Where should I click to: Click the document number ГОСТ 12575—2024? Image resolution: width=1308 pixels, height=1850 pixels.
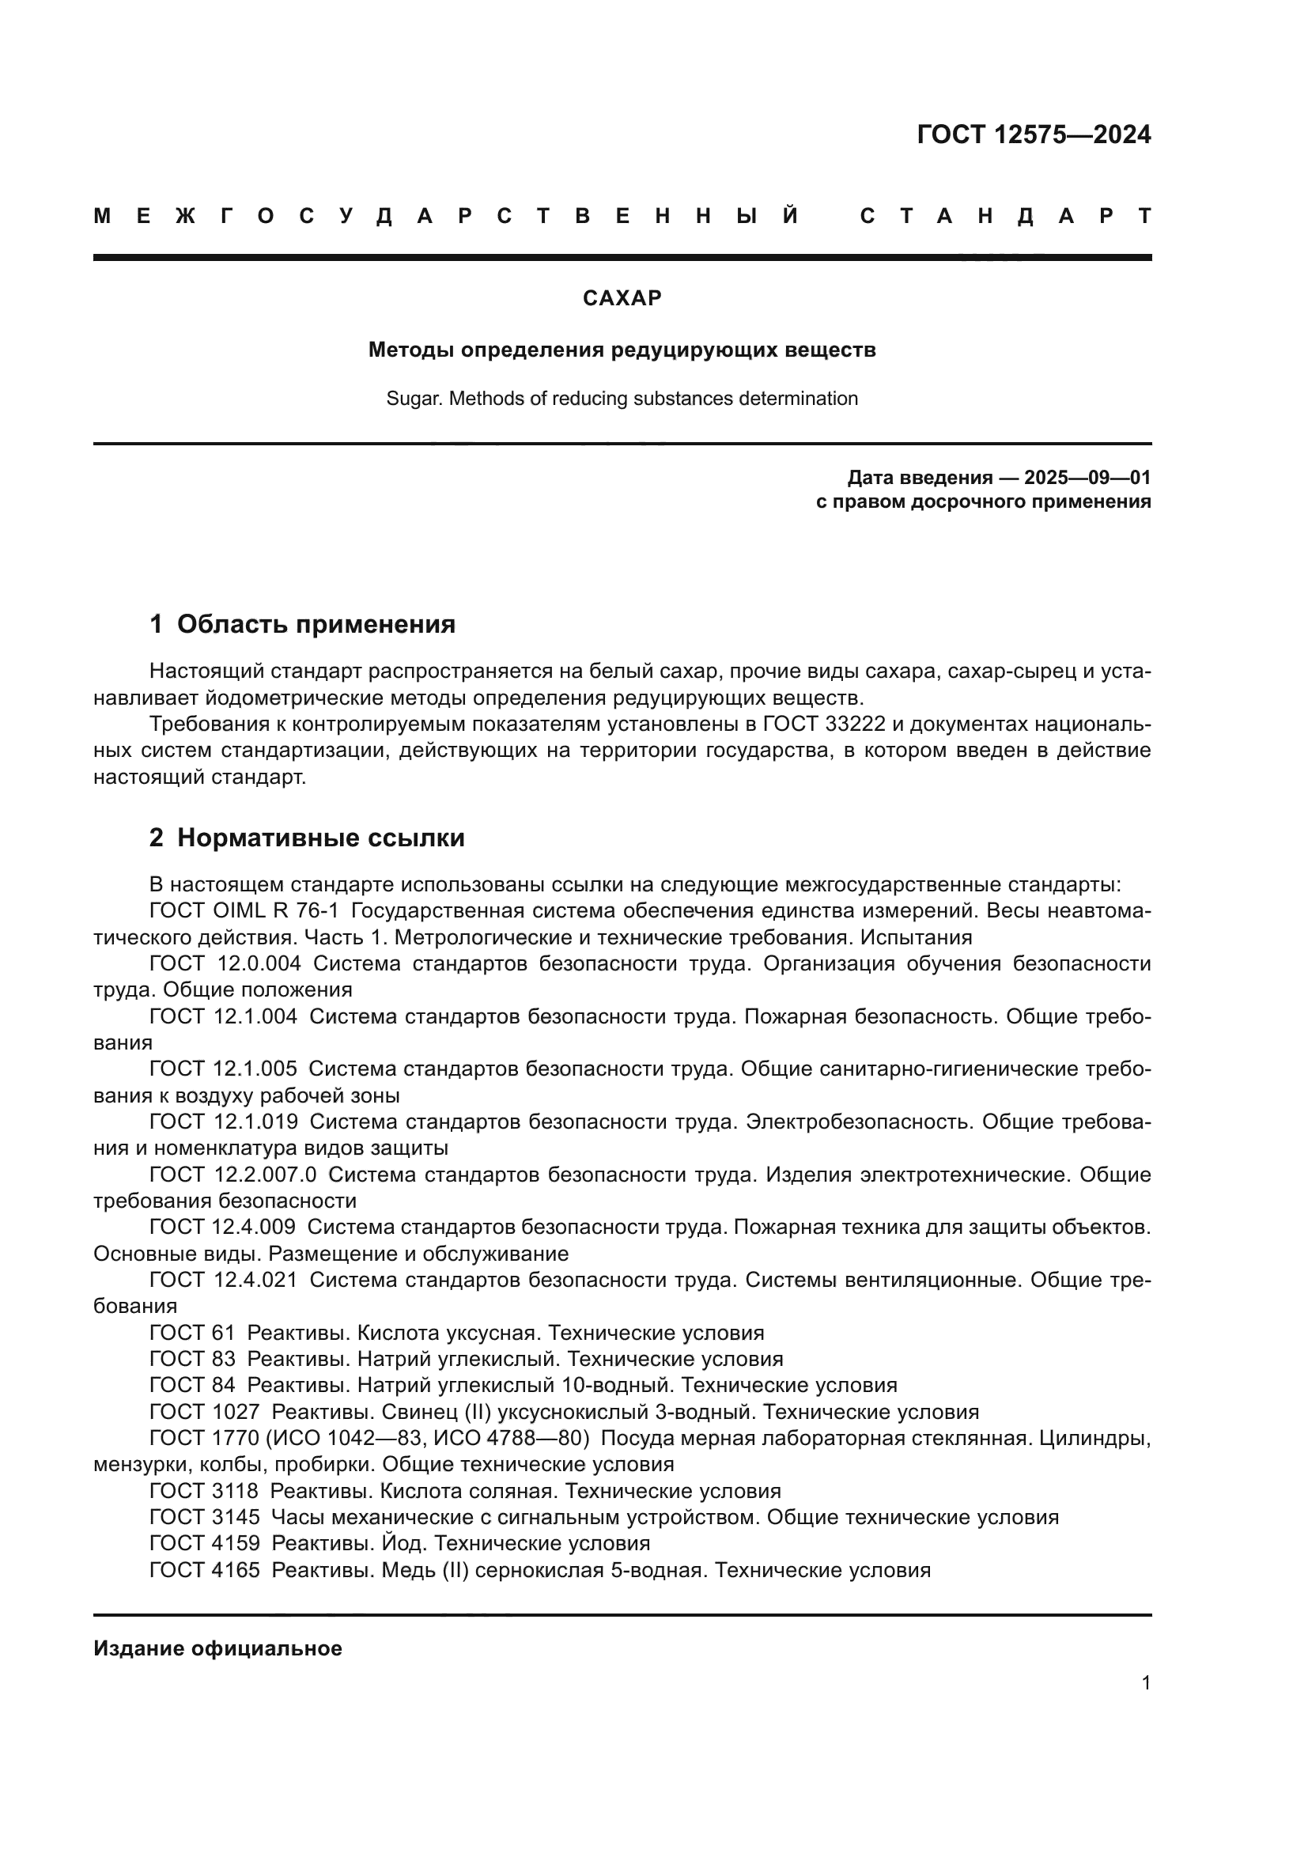[1034, 134]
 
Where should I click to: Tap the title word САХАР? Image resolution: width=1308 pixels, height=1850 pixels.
[622, 298]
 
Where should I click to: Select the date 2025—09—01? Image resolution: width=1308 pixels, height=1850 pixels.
[1087, 478]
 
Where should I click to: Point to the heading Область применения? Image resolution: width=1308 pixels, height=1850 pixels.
[316, 625]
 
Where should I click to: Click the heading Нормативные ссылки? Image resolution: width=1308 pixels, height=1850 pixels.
[320, 838]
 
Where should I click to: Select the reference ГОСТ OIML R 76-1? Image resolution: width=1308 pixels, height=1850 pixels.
[244, 911]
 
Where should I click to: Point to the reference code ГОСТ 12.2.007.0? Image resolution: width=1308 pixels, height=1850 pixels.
[232, 1175]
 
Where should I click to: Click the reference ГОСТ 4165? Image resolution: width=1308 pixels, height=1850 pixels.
[205, 1569]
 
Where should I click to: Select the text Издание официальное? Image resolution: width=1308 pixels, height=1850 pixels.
[217, 1648]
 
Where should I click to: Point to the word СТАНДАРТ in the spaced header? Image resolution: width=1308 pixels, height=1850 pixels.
[1005, 216]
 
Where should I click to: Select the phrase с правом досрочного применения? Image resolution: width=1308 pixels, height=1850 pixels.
[983, 502]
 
